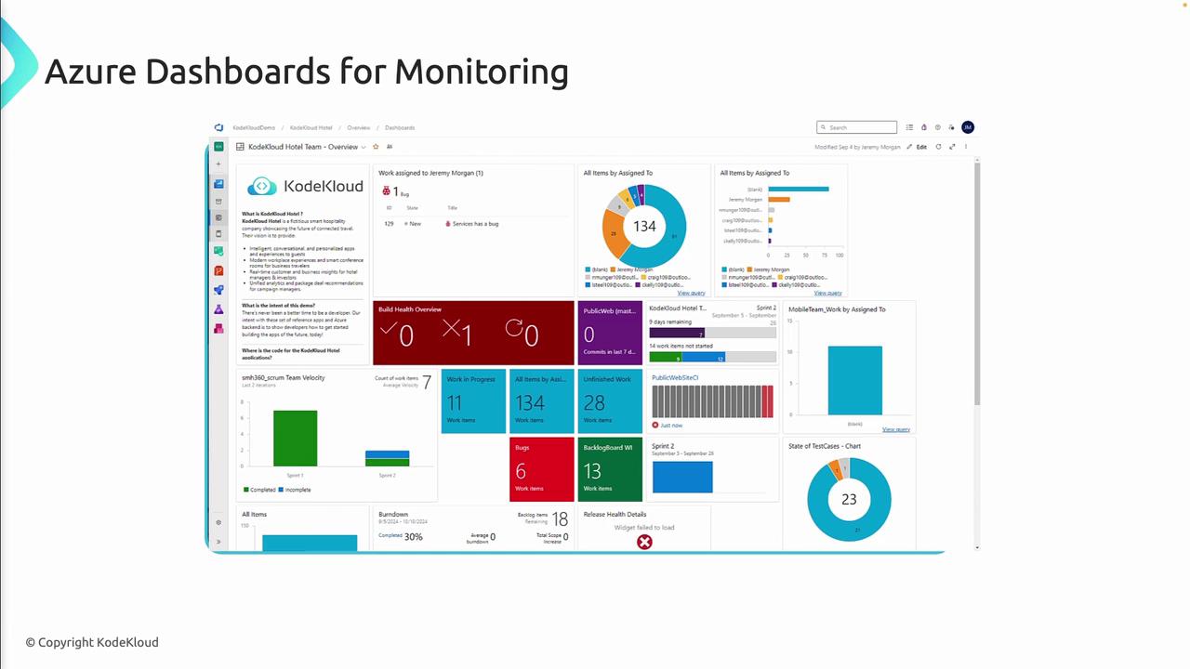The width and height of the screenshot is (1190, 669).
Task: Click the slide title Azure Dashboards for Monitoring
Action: [306, 72]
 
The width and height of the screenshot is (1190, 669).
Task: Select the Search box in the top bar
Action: [856, 127]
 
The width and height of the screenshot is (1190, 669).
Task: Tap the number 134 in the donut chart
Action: [644, 226]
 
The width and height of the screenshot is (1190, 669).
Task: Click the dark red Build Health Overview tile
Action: [473, 332]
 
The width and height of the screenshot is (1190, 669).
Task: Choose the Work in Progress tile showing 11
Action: [473, 401]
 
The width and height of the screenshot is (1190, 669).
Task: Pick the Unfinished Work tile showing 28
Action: [609, 401]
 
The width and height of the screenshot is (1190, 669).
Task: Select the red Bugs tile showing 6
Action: [541, 469]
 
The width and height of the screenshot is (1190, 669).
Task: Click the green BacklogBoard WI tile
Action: [609, 469]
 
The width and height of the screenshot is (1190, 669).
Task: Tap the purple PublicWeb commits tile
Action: [609, 332]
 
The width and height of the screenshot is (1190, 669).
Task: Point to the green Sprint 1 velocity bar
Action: [295, 438]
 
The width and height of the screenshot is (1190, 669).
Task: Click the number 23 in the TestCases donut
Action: [848, 499]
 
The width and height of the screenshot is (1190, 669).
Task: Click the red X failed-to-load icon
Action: [644, 542]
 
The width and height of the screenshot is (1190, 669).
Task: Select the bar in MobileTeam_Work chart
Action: [854, 380]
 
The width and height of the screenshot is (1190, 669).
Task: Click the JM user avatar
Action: [968, 127]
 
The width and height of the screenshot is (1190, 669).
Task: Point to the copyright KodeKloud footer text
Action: [92, 642]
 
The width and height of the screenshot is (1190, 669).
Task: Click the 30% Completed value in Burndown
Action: [413, 536]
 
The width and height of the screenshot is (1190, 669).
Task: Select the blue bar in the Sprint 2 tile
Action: [682, 477]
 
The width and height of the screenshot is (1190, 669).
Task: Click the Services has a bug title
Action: [475, 224]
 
